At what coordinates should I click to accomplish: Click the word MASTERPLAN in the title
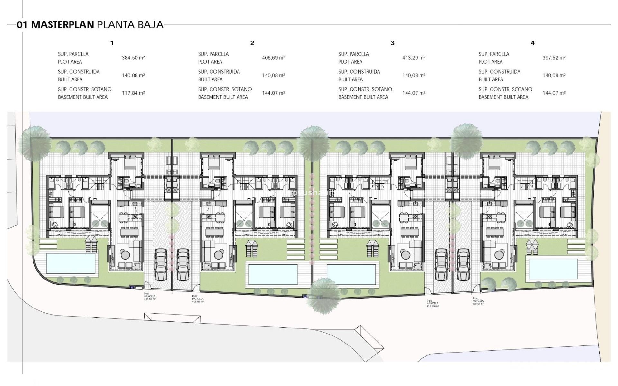point(62,25)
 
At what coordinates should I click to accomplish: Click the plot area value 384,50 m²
point(133,58)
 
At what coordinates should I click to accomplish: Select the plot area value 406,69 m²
point(274,58)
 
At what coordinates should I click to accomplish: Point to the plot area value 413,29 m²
point(414,58)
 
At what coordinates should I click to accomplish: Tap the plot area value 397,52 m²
point(554,58)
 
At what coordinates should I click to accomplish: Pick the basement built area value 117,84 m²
point(133,93)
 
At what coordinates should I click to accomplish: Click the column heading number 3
point(392,43)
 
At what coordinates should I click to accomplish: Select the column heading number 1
point(112,43)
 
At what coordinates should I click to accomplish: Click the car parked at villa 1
point(161,265)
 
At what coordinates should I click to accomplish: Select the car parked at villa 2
point(183,265)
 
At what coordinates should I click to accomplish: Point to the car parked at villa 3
point(441,265)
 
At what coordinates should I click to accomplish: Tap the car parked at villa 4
point(464,265)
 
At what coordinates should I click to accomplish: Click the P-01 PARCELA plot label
point(150,296)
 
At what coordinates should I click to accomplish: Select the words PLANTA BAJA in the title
point(130,25)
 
